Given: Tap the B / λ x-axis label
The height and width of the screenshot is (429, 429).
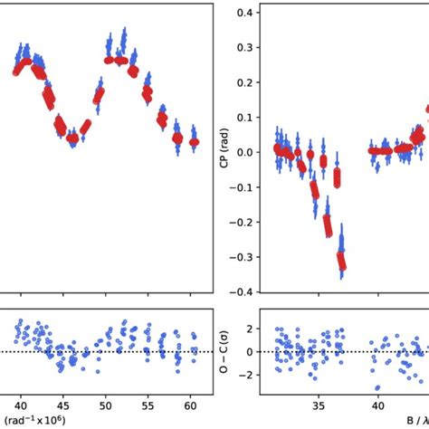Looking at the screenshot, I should coord(412,421).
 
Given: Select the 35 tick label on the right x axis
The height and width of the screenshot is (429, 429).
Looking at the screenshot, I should coord(317,403).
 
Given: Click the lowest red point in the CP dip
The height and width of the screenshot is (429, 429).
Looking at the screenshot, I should coord(342,264).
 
